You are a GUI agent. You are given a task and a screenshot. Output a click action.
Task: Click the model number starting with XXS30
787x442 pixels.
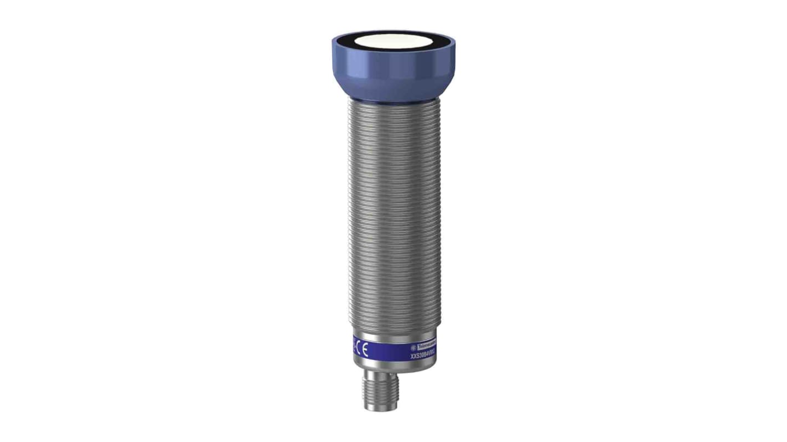(422, 356)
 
